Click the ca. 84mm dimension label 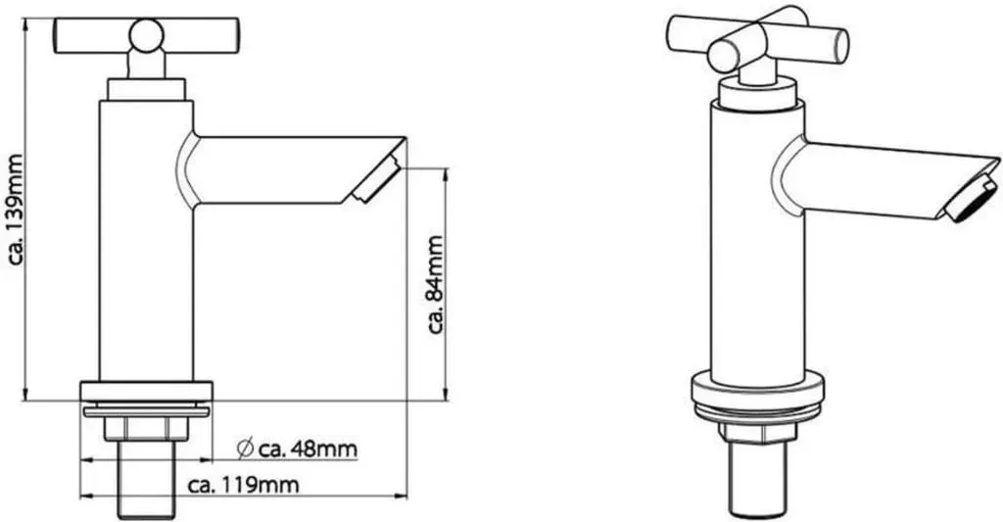[436, 285]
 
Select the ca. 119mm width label [244, 486]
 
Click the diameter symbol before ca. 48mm [245, 450]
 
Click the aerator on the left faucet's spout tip [377, 181]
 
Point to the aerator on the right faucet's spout [972, 200]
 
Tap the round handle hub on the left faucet [147, 35]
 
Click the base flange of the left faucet [147, 392]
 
